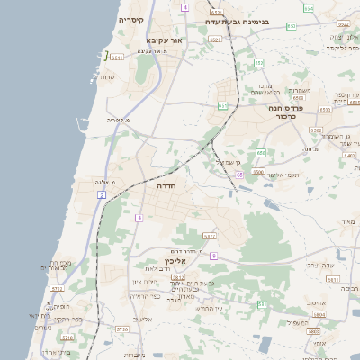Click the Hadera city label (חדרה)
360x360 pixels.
point(166,184)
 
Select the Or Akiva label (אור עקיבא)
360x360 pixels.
point(165,40)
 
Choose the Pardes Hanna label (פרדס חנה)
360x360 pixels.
point(288,107)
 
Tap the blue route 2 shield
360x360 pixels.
point(102,194)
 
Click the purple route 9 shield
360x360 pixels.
point(213,256)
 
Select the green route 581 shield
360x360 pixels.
point(262,304)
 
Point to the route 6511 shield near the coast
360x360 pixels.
point(116,57)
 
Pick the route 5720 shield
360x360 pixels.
point(121,329)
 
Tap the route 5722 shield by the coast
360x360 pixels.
point(58,289)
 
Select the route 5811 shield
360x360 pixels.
point(333,280)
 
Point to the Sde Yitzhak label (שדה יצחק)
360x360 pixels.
point(320,265)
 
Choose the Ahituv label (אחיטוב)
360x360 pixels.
point(316,303)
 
